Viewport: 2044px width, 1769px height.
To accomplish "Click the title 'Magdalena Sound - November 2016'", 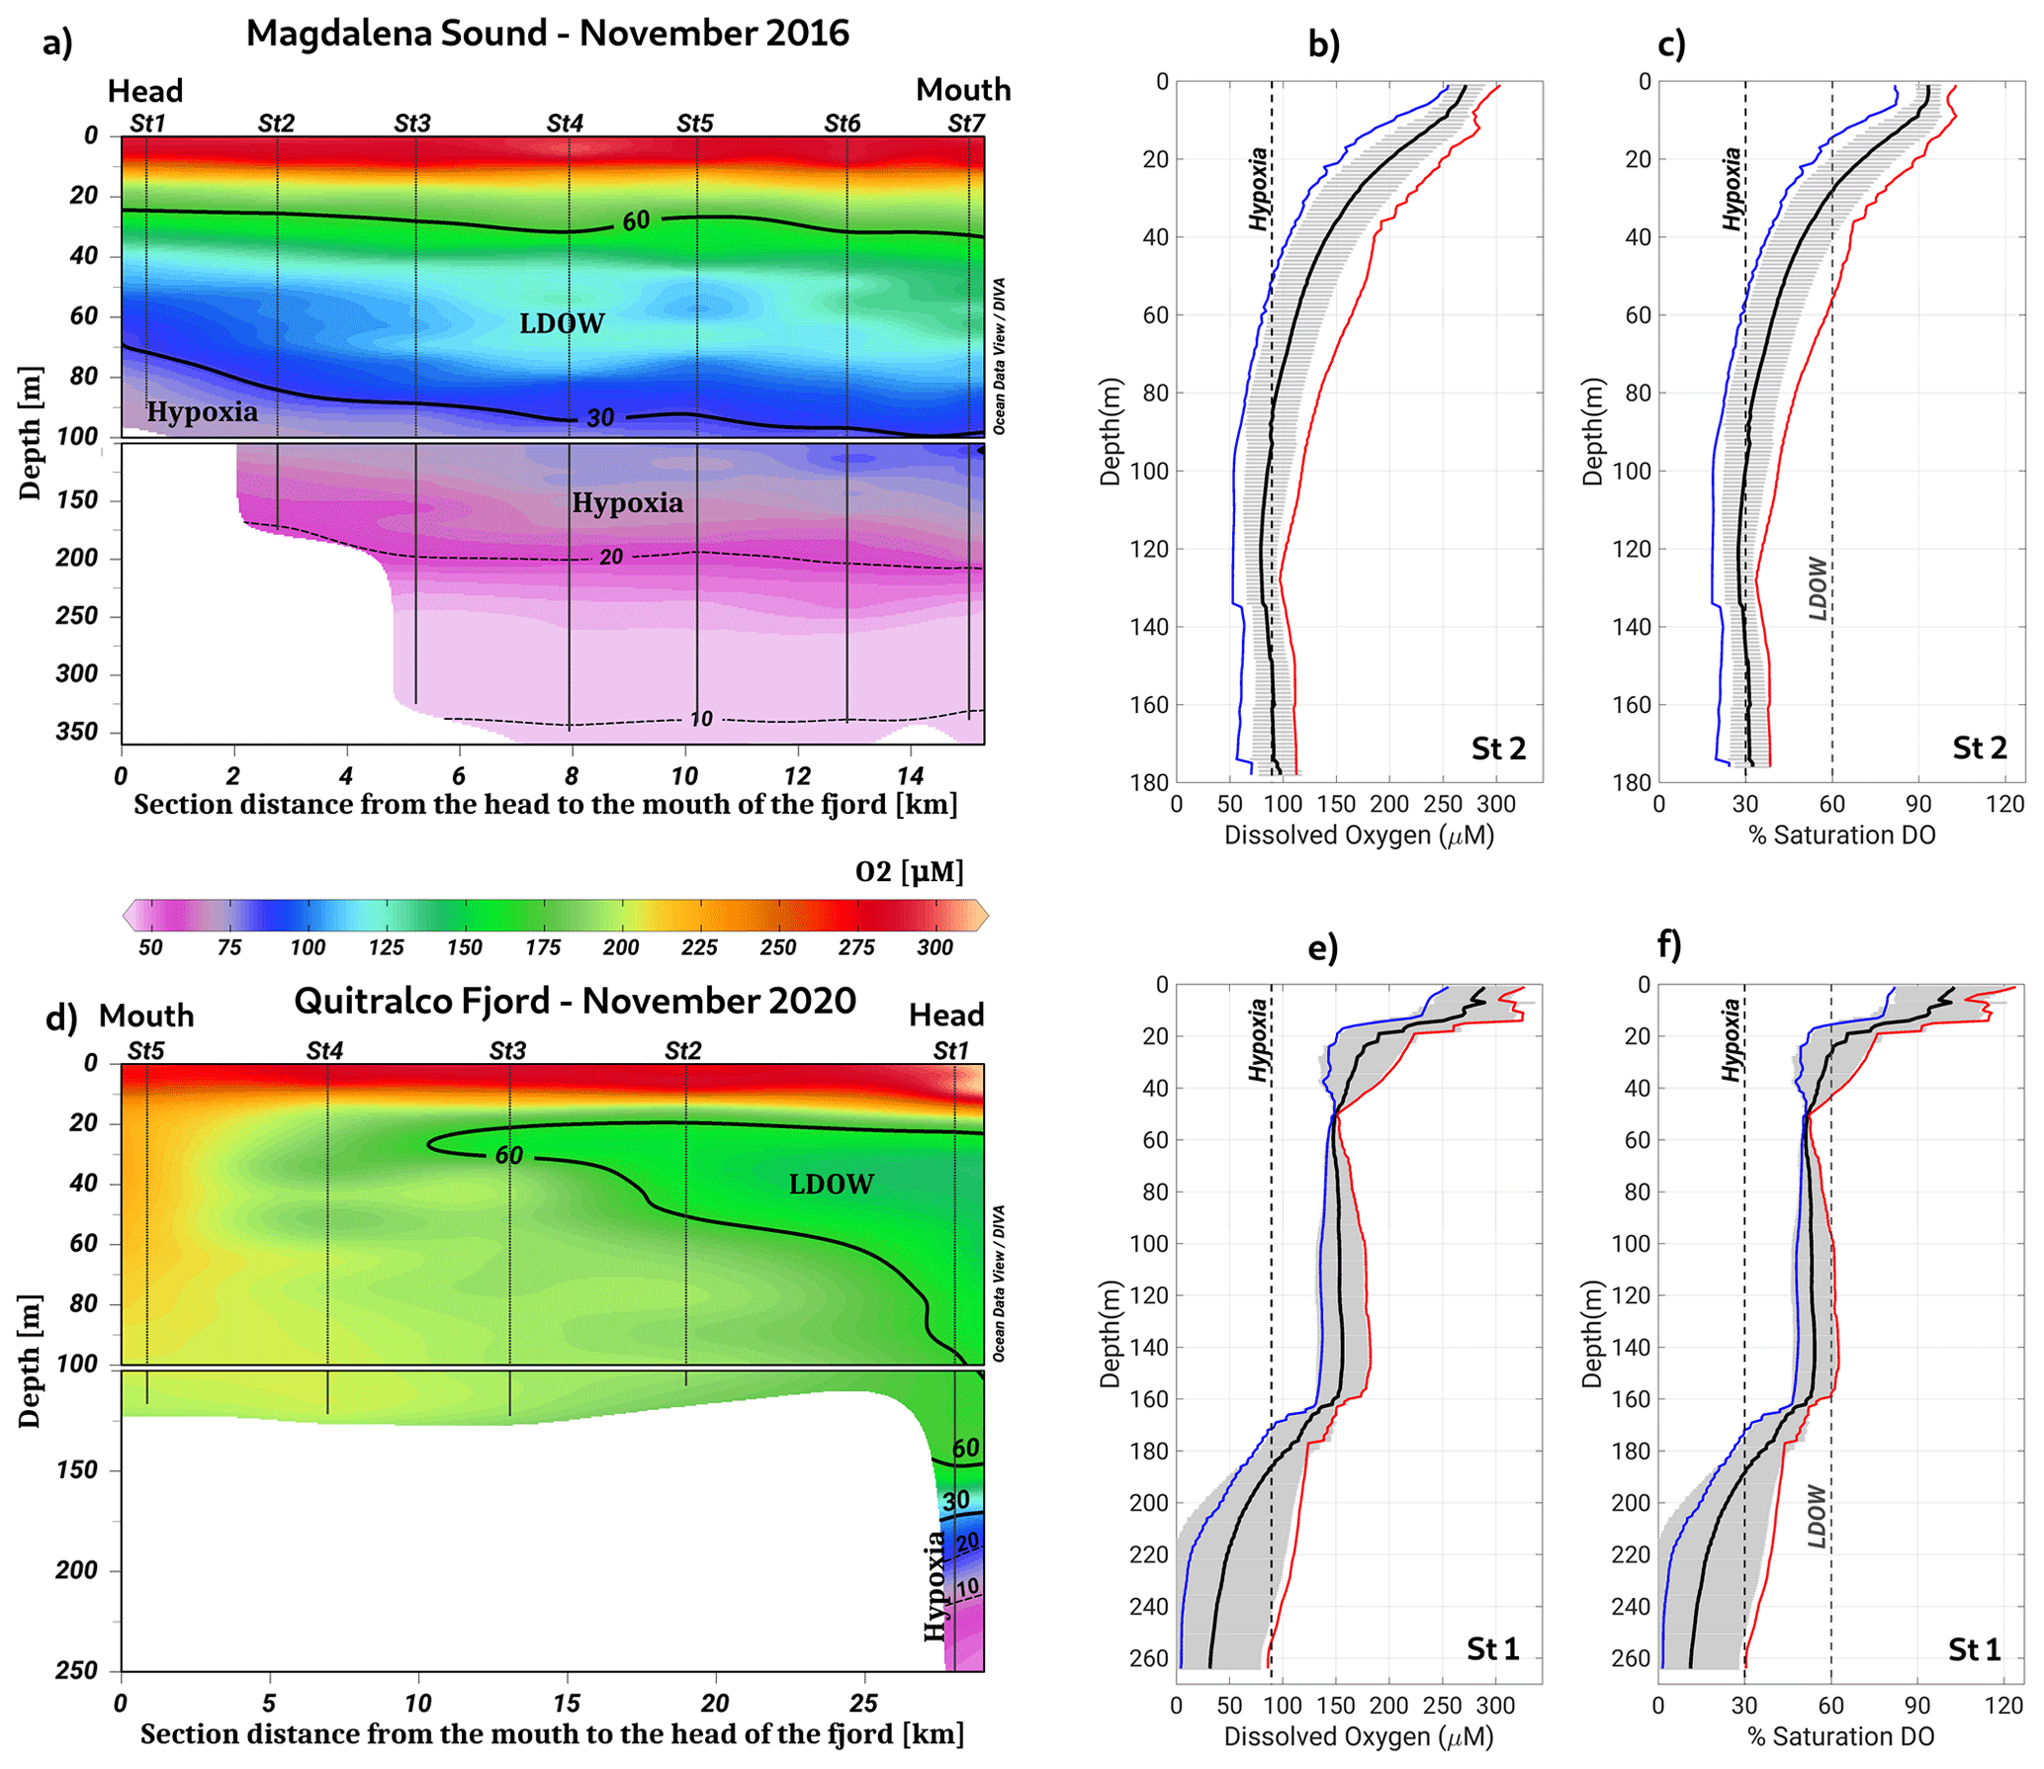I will coord(547,34).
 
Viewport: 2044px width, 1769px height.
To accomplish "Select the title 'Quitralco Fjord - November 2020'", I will coord(575,1001).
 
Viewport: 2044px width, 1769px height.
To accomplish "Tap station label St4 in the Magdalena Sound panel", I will coord(565,124).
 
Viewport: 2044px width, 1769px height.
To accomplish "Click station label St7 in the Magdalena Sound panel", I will coord(965,124).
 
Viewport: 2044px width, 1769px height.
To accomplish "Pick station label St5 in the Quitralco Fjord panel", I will coord(145,1050).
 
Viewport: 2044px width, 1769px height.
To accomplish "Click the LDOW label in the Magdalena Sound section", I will coord(562,323).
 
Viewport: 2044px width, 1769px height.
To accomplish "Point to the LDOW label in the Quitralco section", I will coord(831,1184).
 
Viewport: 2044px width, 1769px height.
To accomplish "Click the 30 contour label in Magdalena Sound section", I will coord(600,418).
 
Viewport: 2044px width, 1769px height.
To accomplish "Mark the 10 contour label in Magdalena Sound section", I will coord(700,719).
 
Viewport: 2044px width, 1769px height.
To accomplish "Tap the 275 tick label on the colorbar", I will coord(856,947).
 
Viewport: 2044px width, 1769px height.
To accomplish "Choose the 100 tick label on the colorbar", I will coord(308,947).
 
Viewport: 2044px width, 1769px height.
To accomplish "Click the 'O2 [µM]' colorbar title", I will coord(909,871).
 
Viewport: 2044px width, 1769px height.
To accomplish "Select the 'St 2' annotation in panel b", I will coord(1498,749).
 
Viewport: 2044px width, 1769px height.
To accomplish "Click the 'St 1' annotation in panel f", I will coord(1974,1648).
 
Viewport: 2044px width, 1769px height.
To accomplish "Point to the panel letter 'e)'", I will coord(1323,947).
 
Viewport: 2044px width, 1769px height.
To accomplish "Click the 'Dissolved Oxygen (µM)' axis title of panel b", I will coord(1359,836).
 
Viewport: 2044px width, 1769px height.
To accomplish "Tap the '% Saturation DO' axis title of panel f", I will coord(1840,1736).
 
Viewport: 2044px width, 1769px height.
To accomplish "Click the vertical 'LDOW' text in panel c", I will coord(1818,588).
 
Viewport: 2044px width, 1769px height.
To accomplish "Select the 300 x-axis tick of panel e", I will coord(1495,1706).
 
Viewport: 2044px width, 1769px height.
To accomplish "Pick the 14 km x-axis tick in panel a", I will coord(910,776).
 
